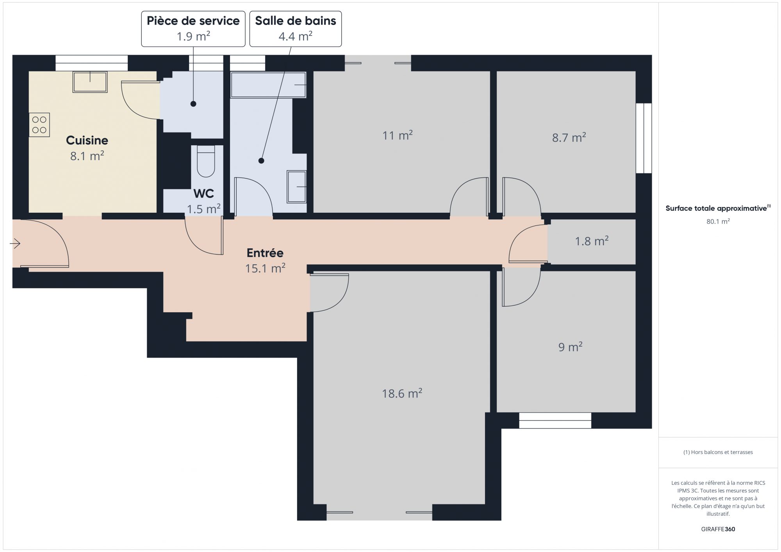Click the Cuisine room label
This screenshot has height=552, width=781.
87,140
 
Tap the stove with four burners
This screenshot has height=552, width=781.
39,125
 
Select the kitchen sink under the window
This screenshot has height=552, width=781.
90,82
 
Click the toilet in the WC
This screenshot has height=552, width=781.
206,161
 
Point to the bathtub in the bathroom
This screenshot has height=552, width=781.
268,85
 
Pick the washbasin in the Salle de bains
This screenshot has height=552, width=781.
296,187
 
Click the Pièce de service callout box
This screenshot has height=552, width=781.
193,28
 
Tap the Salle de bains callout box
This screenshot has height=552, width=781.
296,28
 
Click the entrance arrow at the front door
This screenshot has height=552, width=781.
15,244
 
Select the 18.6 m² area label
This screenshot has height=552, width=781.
402,393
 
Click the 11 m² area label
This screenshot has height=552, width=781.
398,135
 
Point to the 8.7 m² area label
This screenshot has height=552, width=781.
569,137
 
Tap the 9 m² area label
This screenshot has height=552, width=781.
571,346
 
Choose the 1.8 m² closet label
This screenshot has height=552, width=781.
592,241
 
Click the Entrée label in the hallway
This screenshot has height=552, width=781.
265,253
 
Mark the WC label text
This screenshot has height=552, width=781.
203,193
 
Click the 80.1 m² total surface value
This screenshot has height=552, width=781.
718,221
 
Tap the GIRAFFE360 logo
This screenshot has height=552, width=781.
718,529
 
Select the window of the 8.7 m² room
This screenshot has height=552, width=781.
644,138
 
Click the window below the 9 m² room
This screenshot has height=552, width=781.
555,420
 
